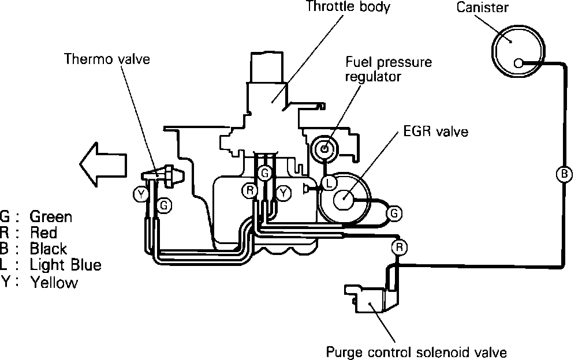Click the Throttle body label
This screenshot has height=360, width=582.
point(348,7)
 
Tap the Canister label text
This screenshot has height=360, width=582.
point(482,7)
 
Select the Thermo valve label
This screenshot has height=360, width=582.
point(107,59)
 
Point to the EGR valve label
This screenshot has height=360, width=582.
point(436,132)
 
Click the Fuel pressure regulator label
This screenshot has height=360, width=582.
point(388,69)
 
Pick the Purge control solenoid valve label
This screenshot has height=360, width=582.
point(416,352)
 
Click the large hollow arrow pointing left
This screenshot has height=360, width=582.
point(103,164)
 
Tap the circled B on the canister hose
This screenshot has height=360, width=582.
point(564,174)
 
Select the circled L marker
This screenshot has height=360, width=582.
point(329,183)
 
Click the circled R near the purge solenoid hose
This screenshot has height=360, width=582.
point(399,247)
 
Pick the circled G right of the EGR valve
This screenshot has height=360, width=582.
point(394,213)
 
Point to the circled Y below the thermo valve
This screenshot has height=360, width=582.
point(141,194)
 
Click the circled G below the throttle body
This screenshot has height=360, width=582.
point(264,172)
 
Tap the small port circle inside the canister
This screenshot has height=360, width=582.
point(518,63)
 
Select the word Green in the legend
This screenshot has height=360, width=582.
point(51,216)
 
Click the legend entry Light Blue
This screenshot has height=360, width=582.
point(65,265)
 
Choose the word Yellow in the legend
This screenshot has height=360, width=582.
point(54,282)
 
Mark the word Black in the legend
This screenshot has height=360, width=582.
point(48,249)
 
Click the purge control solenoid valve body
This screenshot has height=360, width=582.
point(371,298)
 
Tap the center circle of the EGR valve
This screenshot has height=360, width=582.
point(344,199)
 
